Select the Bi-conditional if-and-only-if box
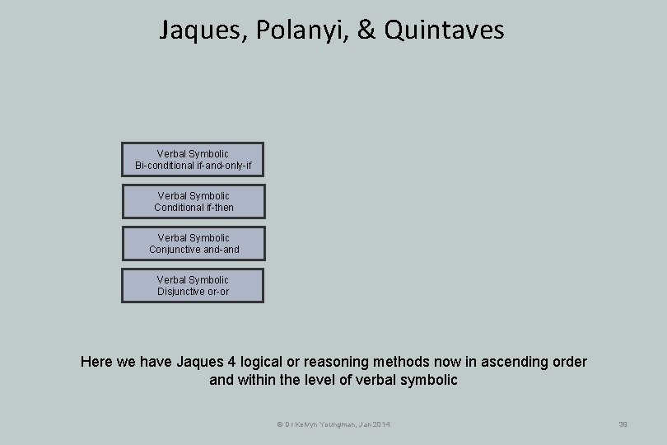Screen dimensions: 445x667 click(193, 160)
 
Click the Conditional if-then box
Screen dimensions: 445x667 click(194, 202)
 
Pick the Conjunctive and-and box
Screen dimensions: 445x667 click(194, 244)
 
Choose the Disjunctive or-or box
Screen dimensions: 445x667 click(193, 285)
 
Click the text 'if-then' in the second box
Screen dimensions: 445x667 click(217, 208)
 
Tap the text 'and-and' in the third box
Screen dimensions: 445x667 click(221, 250)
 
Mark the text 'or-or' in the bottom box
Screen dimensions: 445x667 click(217, 292)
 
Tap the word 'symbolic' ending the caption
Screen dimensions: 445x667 click(430, 380)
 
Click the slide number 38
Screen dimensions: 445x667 click(623, 424)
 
